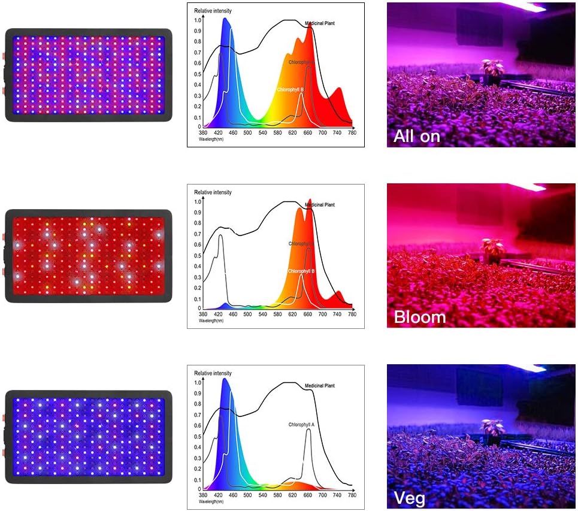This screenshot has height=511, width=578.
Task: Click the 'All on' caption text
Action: tap(417, 136)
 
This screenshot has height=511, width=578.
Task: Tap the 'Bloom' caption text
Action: tap(419, 317)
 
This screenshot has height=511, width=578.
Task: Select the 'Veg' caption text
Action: tap(410, 498)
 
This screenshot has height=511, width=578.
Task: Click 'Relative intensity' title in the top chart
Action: tap(213, 11)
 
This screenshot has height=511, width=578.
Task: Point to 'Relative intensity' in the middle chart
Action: tap(213, 192)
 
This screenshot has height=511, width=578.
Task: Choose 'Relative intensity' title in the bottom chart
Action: tap(213, 373)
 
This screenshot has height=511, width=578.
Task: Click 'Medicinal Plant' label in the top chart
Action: tap(320, 23)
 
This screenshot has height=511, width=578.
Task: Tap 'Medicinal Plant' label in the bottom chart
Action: tap(320, 386)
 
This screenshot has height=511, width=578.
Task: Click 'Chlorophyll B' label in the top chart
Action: tap(291, 90)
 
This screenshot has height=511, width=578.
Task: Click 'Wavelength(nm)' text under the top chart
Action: tap(211, 138)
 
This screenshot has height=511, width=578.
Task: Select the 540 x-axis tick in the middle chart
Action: tap(262, 314)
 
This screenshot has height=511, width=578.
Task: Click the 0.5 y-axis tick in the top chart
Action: tap(198, 74)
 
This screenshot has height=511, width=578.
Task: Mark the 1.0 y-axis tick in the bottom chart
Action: tap(198, 382)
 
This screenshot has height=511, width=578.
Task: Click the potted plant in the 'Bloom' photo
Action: tap(493, 249)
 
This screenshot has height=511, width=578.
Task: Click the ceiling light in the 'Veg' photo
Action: tap(527, 368)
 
